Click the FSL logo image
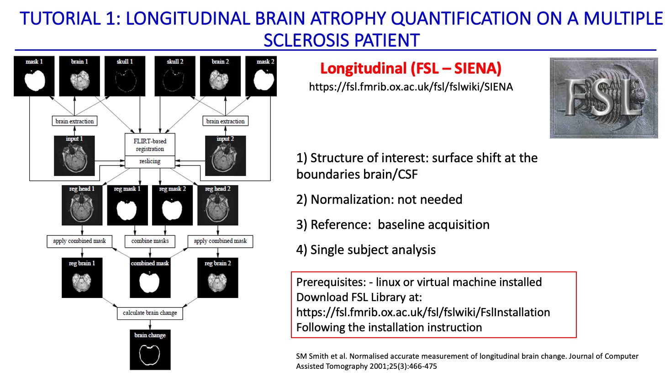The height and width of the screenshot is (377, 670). coord(603,98)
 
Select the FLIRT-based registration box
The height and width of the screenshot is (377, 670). coord(150,145)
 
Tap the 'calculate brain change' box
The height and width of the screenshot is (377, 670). coord(150,313)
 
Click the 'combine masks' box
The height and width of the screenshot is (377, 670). coord(150,241)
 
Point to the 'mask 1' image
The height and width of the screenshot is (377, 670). coord(34,76)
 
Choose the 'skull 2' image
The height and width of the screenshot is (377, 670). coord(175,76)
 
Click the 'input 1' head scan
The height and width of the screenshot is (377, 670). coord(74,156)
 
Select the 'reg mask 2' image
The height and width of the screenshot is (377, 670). coord(172,205)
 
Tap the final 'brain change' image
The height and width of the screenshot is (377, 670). coord(150,350)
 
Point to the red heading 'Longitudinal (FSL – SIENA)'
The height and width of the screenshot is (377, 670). coord(411,69)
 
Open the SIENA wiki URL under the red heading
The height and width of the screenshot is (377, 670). coord(411,87)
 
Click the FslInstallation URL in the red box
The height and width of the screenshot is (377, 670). coord(423,312)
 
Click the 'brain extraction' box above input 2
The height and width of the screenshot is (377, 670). coord(225,121)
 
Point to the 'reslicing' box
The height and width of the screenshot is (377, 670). coord(150,161)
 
